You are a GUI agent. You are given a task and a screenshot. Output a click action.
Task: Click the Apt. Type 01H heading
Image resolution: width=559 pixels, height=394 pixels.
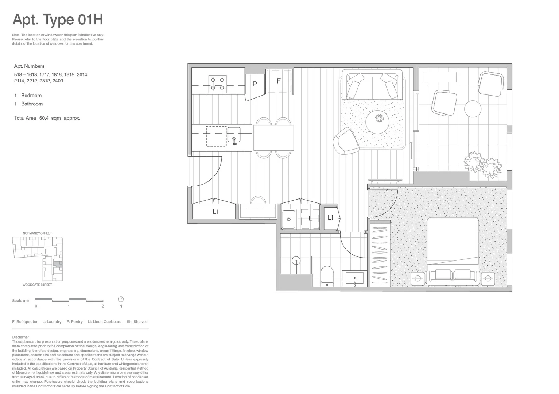click(58, 20)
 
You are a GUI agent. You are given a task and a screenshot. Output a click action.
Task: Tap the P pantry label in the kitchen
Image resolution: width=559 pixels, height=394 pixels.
click(255, 84)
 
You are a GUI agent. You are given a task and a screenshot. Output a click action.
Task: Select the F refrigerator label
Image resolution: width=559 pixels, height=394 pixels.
click(279, 81)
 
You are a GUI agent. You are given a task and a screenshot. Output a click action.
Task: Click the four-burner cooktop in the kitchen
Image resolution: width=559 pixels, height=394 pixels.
click(217, 84)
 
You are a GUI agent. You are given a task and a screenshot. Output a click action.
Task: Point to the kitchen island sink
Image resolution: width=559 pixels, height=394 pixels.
click(234, 134)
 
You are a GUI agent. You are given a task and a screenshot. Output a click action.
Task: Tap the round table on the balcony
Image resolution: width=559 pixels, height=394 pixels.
click(473, 109)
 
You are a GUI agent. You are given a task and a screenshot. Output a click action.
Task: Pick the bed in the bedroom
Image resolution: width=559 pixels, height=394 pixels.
click(453, 248)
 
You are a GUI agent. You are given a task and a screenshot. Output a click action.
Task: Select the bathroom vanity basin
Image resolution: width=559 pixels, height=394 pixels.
click(354, 279)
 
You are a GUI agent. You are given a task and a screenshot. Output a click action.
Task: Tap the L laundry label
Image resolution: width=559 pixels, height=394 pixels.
click(310, 219)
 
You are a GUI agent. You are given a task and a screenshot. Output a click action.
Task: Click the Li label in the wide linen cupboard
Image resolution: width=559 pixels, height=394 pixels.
click(215, 212)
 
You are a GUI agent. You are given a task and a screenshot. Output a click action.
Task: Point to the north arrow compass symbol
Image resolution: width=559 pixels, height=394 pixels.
click(121, 299)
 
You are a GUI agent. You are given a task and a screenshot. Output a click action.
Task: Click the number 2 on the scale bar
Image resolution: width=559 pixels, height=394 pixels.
click(103, 306)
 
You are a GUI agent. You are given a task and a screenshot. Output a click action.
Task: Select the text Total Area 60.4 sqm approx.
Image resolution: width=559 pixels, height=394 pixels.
click(47, 118)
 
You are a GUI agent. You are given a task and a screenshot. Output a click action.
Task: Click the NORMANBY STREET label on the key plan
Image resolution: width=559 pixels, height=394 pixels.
click(37, 233)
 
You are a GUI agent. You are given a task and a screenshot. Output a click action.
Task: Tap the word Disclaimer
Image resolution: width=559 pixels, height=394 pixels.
click(20, 337)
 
